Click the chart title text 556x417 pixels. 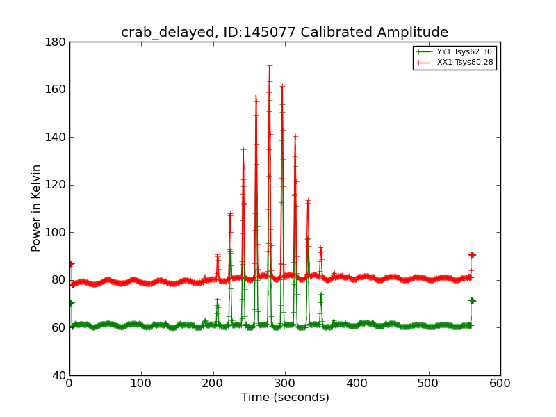tap(284, 33)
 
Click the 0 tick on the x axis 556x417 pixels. tap(69, 383)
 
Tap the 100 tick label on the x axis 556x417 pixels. tap(141, 383)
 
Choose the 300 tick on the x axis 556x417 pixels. tap(285, 383)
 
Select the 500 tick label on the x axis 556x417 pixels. tap(429, 383)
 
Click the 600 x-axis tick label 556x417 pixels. tap(500, 383)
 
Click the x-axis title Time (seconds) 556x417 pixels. tap(285, 398)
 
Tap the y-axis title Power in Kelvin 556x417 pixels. tap(37, 208)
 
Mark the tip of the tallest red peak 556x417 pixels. tap(269, 65)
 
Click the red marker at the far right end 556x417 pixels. tap(472, 255)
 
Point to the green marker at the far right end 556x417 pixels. tap(472, 301)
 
